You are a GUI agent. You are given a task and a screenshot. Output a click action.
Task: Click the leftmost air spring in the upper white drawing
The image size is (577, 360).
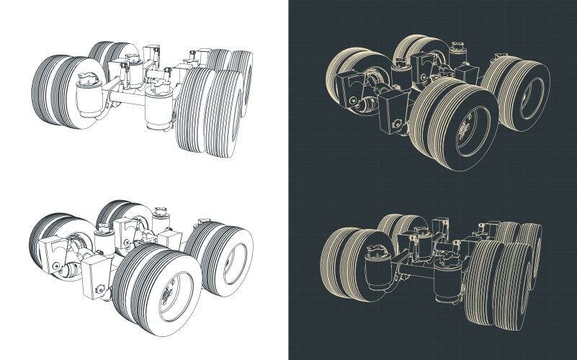87,92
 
